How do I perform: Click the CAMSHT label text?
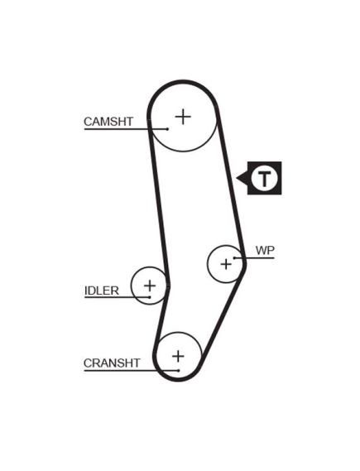click(108, 122)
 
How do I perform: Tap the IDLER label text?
click(102, 291)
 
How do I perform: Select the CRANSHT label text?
click(112, 363)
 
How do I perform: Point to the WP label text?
click(265, 250)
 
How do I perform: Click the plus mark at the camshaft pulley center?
click(183, 117)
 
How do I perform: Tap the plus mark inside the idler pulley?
click(150, 286)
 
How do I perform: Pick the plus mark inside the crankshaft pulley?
click(178, 356)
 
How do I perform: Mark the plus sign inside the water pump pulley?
click(226, 264)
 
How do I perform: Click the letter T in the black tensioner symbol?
click(264, 179)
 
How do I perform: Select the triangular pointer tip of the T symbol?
click(237, 178)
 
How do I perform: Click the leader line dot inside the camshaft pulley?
click(167, 129)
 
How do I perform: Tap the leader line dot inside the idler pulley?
click(150, 297)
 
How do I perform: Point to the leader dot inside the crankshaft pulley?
click(179, 371)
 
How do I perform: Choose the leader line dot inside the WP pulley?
click(234, 257)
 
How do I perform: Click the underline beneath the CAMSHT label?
click(126, 129)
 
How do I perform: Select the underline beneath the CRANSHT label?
click(132, 371)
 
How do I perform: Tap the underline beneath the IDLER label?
click(117, 297)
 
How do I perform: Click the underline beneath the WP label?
click(254, 257)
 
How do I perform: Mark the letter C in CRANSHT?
click(88, 363)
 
